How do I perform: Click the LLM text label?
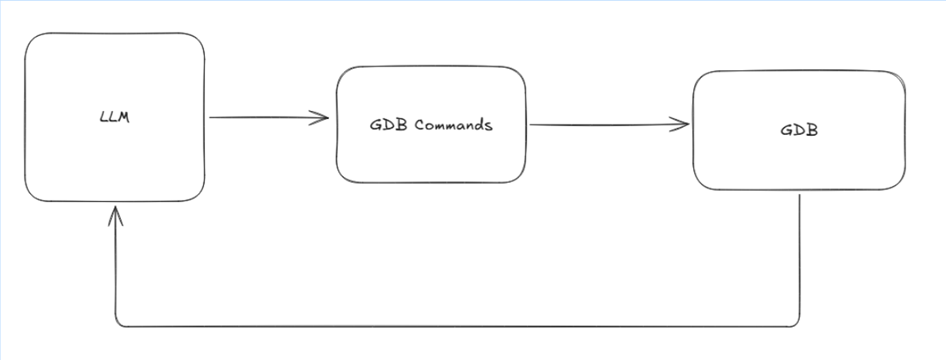pyautogui.click(x=116, y=117)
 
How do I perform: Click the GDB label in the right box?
pyautogui.click(x=799, y=130)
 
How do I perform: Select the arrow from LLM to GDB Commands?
pyautogui.click(x=268, y=118)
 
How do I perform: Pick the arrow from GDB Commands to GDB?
pyautogui.click(x=608, y=125)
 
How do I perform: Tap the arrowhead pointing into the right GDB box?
pyautogui.click(x=685, y=125)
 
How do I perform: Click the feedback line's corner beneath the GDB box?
pyautogui.click(x=798, y=325)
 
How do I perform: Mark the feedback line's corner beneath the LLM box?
pyautogui.click(x=117, y=325)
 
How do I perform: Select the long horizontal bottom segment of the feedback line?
pyautogui.click(x=457, y=326)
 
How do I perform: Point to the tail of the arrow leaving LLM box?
pyautogui.click(x=211, y=118)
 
